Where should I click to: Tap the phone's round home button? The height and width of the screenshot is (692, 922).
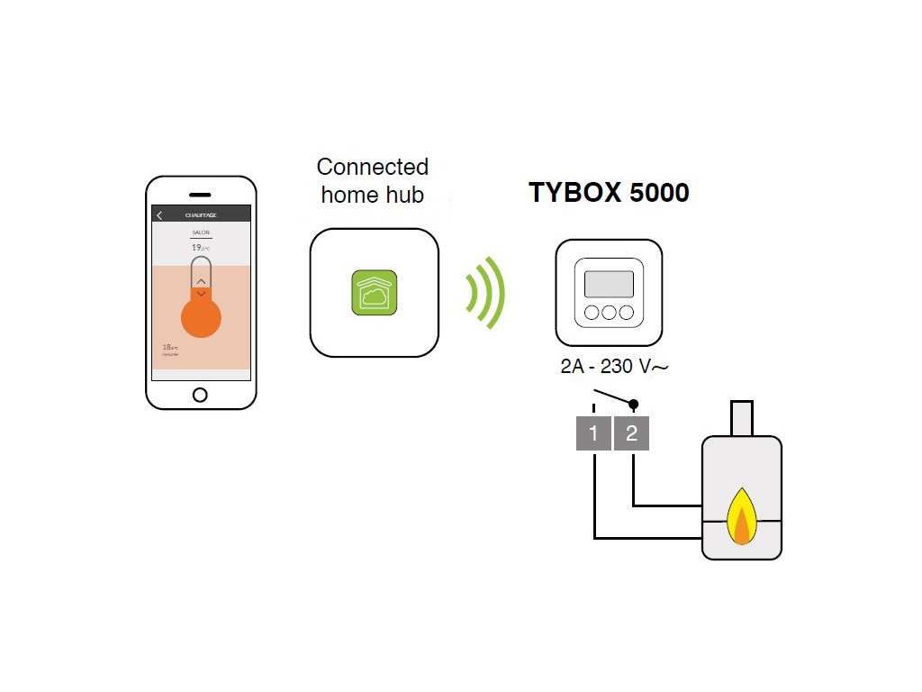pyautogui.click(x=200, y=395)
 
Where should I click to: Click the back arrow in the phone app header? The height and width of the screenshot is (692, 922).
pyautogui.click(x=159, y=215)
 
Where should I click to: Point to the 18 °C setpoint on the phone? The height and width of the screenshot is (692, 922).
pyautogui.click(x=168, y=347)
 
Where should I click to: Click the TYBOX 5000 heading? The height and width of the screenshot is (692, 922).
pyautogui.click(x=609, y=193)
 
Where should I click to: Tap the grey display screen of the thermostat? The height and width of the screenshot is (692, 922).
pyautogui.click(x=608, y=285)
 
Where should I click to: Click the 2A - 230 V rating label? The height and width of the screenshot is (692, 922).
pyautogui.click(x=612, y=368)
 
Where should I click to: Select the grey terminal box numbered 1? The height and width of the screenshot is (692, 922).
pyautogui.click(x=593, y=433)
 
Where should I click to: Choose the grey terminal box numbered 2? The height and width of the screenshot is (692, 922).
pyautogui.click(x=631, y=433)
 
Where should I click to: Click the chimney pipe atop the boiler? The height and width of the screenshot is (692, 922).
pyautogui.click(x=741, y=417)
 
